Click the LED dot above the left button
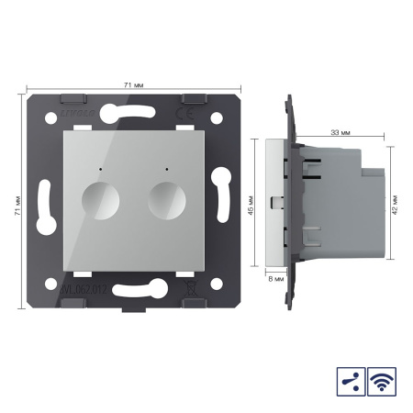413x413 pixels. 96,170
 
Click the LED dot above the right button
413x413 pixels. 166,170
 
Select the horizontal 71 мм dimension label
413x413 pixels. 132,84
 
